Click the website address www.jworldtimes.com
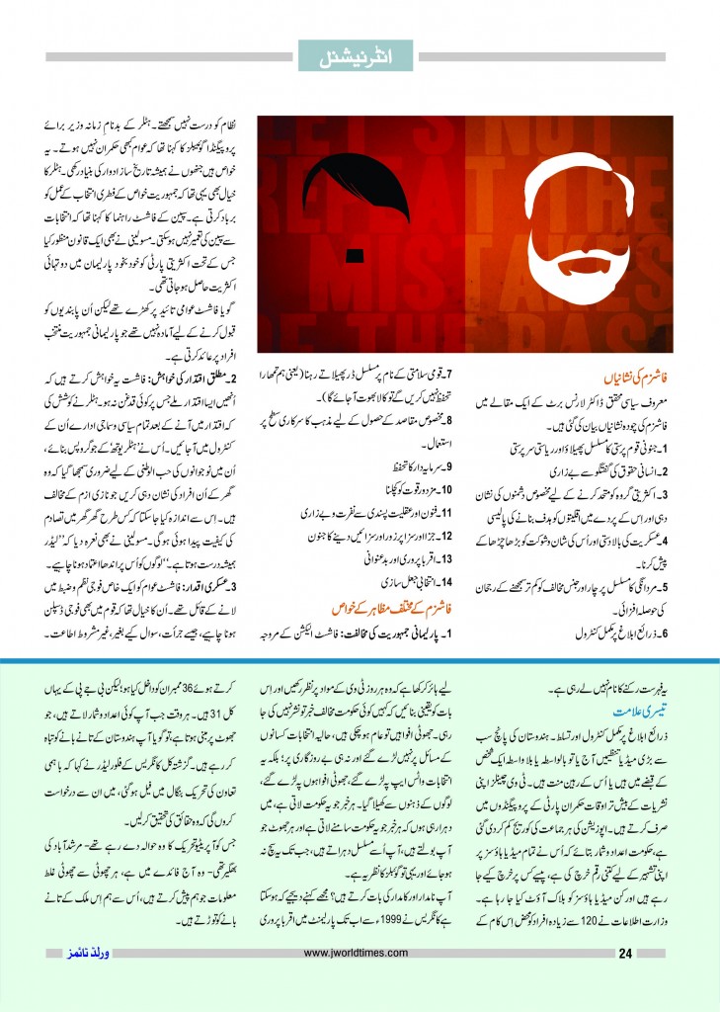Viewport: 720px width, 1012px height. coord(360,954)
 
